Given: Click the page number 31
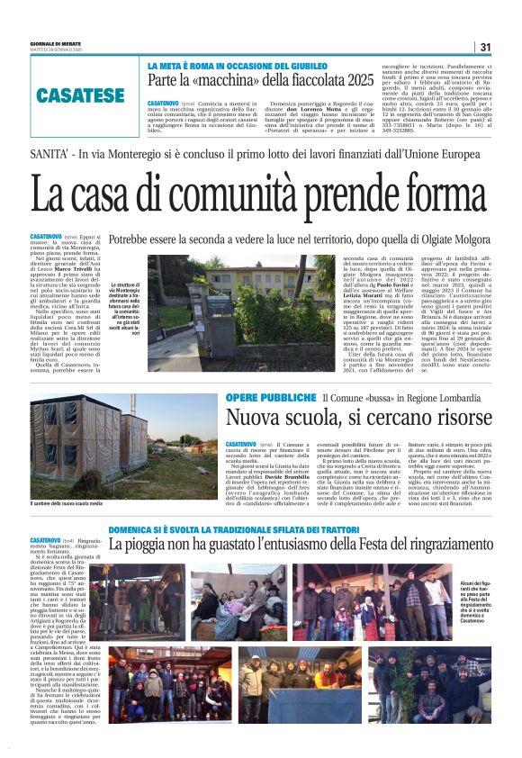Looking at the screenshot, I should [x=485, y=47].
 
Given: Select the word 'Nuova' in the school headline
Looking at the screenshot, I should [x=256, y=418].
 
